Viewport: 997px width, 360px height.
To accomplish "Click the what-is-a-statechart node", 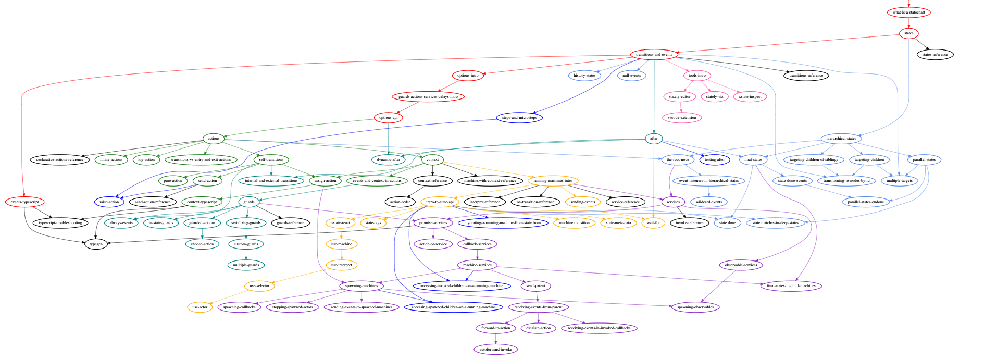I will (x=908, y=13).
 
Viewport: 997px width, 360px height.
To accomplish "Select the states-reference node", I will (x=935, y=55).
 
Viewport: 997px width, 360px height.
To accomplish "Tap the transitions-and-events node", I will (x=654, y=55).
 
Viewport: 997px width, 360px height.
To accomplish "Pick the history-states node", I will (x=584, y=76).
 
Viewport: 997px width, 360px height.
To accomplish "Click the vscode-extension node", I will (x=682, y=118).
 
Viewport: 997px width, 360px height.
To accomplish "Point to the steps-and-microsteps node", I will (x=519, y=118).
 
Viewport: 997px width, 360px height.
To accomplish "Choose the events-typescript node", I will (x=24, y=202).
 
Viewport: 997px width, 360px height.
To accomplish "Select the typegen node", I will (x=96, y=244).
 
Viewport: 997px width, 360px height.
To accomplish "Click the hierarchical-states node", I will (x=841, y=139).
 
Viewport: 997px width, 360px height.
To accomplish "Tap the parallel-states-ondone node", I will (x=866, y=202).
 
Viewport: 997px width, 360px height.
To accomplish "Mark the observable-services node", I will (x=741, y=265).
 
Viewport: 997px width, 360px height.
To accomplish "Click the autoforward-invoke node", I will (x=495, y=350).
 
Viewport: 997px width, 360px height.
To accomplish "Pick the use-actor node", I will (x=200, y=307).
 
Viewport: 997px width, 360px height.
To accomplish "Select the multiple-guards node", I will (x=246, y=265).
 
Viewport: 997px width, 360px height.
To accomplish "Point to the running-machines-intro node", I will (x=553, y=181).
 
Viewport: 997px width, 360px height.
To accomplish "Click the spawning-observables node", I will (x=695, y=307).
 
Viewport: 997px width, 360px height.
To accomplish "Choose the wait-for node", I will (x=653, y=223).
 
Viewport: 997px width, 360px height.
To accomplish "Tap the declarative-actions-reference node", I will (x=59, y=160).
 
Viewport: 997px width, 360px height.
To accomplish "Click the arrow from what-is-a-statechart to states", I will (x=908, y=23).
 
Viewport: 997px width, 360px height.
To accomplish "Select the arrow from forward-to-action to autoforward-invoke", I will (x=495, y=339).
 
